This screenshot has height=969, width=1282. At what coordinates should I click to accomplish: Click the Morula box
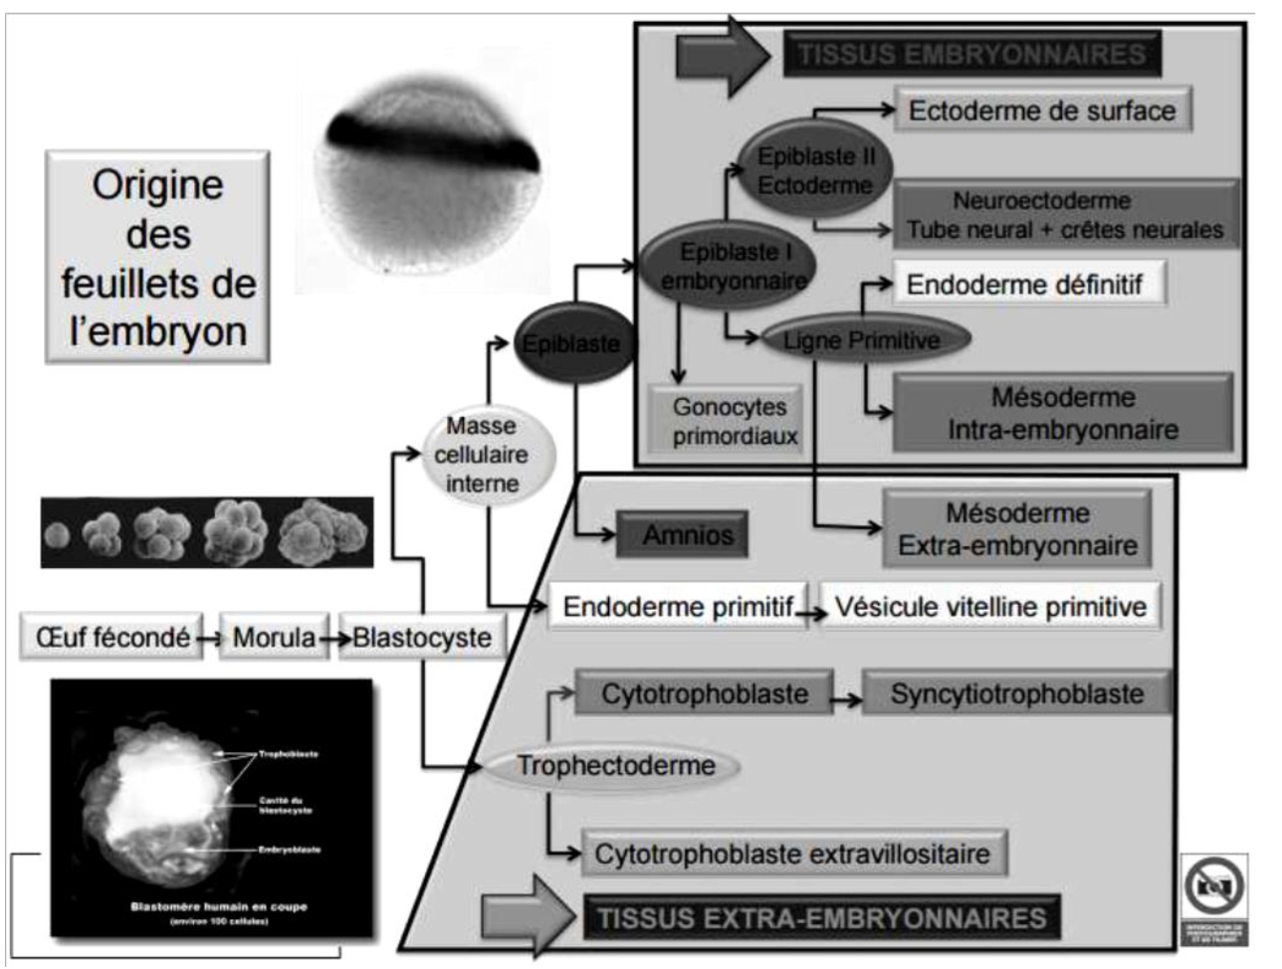[x=274, y=638]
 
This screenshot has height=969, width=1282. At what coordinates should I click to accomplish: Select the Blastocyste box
[x=422, y=638]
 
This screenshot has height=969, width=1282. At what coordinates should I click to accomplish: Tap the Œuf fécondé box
[x=111, y=638]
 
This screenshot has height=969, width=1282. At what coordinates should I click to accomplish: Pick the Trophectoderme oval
[x=615, y=765]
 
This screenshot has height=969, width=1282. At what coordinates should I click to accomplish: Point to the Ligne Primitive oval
[x=861, y=341]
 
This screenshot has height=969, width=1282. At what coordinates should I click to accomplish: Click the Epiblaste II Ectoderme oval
[x=814, y=170]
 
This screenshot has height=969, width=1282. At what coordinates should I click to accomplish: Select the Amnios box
[x=688, y=535]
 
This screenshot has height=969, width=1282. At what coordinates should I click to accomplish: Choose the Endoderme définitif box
[x=1024, y=285]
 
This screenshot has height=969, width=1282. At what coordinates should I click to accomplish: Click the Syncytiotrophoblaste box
[x=1016, y=693]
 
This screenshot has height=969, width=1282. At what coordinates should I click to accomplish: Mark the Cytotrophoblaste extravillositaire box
[x=792, y=854]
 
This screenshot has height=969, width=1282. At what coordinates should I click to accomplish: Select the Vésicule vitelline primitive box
[x=990, y=606]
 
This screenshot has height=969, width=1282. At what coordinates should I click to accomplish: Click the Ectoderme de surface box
[x=1042, y=110]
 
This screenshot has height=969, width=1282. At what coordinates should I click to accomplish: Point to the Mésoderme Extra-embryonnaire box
[x=1017, y=529]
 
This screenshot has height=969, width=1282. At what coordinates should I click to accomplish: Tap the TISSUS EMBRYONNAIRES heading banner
[x=972, y=54]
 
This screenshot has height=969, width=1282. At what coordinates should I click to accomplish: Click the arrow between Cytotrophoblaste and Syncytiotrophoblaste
[x=847, y=700]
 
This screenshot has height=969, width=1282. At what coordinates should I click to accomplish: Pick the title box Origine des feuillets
[x=158, y=257]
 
